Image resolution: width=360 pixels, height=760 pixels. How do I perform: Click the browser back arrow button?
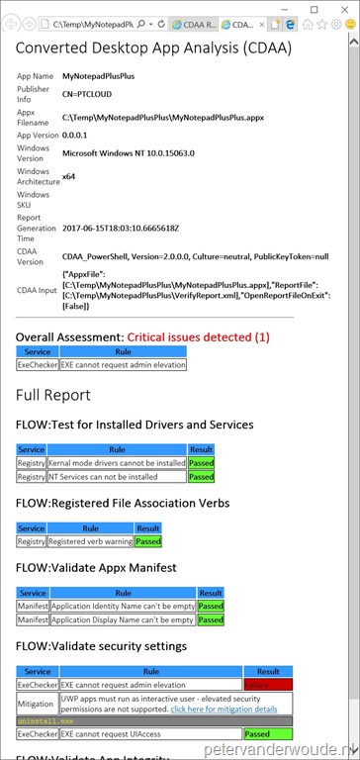(x=14, y=22)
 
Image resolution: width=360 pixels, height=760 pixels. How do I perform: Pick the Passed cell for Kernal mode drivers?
(x=201, y=462)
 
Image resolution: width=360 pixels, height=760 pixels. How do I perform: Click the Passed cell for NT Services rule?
(x=201, y=476)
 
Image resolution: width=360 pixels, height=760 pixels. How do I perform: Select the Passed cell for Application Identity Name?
(x=211, y=606)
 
